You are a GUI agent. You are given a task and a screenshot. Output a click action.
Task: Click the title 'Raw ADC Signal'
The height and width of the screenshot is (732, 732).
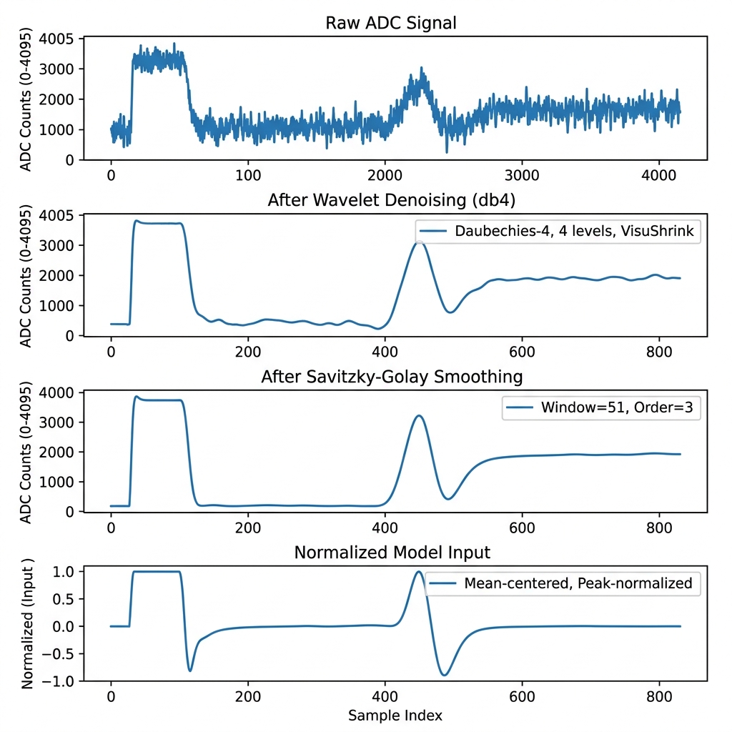(390, 23)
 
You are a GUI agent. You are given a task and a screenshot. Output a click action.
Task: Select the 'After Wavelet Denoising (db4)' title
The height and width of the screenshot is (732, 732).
(390, 200)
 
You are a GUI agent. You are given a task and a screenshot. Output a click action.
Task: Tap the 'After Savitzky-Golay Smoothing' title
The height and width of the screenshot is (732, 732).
(392, 377)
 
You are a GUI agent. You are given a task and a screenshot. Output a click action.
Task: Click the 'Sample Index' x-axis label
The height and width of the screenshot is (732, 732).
(395, 716)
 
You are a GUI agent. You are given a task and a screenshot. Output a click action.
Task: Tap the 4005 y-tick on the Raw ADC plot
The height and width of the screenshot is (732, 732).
(59, 39)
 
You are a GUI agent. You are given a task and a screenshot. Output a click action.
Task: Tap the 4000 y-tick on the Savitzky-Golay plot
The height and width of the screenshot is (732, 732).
(59, 392)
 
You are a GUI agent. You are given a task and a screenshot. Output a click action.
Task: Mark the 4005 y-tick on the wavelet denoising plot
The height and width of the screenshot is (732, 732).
(59, 215)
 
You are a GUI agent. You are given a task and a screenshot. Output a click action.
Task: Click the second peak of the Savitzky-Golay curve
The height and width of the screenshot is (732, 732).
(419, 416)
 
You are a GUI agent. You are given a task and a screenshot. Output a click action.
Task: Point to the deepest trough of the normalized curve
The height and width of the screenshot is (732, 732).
(445, 675)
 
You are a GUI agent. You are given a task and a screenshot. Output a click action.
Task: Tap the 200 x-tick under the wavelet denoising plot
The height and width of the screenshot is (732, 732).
(247, 351)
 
